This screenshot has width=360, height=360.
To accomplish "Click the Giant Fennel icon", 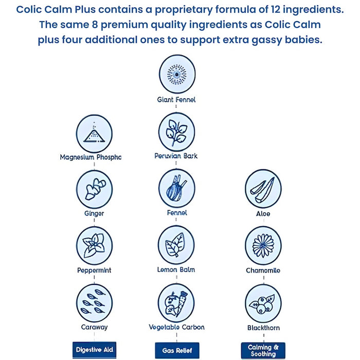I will pyautogui.click(x=176, y=74).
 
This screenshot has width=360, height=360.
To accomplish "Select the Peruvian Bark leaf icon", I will pyautogui.click(x=176, y=132).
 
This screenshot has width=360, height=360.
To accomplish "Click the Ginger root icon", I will pyautogui.click(x=94, y=189).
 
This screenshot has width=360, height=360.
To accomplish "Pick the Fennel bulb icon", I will pyautogui.click(x=176, y=188).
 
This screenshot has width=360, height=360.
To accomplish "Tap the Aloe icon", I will pyautogui.click(x=263, y=189).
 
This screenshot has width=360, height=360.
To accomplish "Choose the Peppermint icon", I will pyautogui.click(x=94, y=245).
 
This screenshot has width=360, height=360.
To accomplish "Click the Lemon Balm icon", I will pyautogui.click(x=176, y=244).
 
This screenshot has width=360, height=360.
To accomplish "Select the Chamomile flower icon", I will pyautogui.click(x=263, y=245).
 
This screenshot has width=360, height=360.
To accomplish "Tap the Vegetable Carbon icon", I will pyautogui.click(x=176, y=302).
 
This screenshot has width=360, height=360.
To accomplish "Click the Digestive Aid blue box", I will pyautogui.click(x=94, y=350).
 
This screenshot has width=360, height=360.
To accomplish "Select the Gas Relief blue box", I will pyautogui.click(x=176, y=350).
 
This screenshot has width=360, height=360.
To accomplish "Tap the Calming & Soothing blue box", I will pyautogui.click(x=263, y=350).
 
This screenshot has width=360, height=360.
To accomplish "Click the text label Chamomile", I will pyautogui.click(x=263, y=270).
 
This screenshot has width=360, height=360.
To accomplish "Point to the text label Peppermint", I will pyautogui.click(x=94, y=270).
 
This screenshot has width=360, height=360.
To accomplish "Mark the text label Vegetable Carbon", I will pyautogui.click(x=176, y=327).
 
